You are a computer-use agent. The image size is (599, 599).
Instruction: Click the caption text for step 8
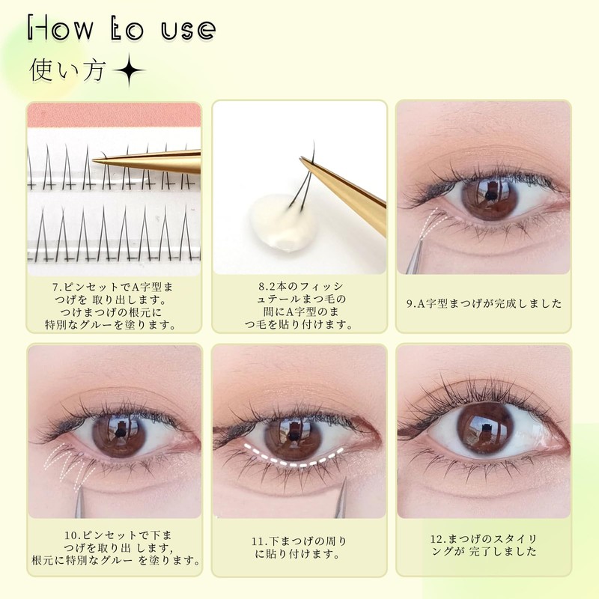tap(299, 305)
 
